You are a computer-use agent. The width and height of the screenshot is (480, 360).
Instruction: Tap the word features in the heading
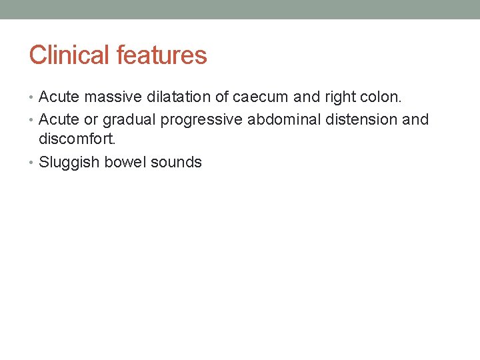pyautogui.click(x=161, y=55)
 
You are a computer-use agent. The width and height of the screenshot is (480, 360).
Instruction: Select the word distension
pyautogui.click(x=359, y=119)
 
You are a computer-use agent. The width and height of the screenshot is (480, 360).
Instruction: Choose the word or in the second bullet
pyautogui.click(x=90, y=120)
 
